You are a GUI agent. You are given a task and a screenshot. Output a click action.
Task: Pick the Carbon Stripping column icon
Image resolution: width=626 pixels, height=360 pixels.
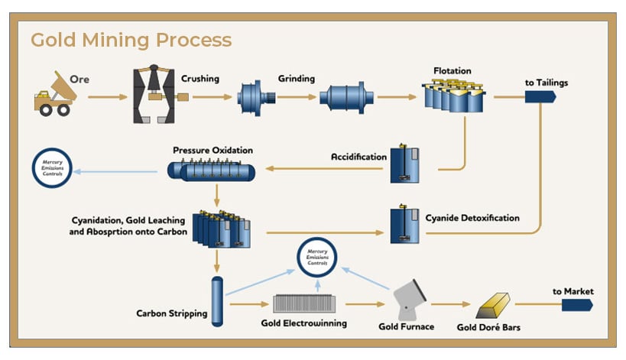click(216, 300)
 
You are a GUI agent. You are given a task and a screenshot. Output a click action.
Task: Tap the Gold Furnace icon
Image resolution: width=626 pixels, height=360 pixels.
click(411, 300)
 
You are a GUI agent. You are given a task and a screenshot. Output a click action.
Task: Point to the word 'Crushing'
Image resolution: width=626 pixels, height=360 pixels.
click(200, 78)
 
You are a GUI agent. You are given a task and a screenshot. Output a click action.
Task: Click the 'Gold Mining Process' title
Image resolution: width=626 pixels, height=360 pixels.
click(131, 39)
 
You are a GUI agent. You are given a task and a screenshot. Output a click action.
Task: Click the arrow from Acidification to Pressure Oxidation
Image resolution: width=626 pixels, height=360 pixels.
click(321, 168)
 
